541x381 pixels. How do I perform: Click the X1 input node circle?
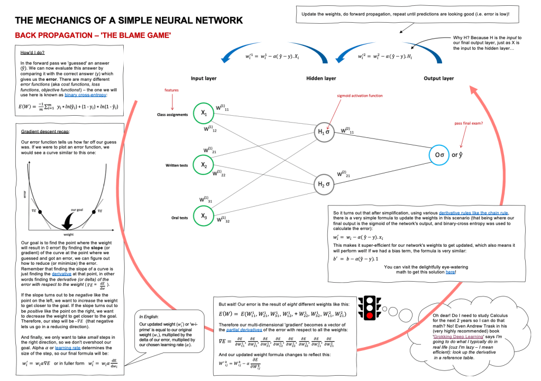pyautogui.click(x=204, y=114)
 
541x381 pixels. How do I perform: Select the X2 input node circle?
pyautogui.click(x=204, y=165)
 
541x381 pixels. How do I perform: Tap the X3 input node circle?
pyautogui.click(x=204, y=216)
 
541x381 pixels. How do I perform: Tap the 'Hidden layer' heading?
pyautogui.click(x=321, y=78)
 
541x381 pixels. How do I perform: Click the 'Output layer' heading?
pyautogui.click(x=438, y=78)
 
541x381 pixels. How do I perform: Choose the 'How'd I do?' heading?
pyautogui.click(x=33, y=53)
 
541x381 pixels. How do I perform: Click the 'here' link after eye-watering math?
pyautogui.click(x=450, y=272)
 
